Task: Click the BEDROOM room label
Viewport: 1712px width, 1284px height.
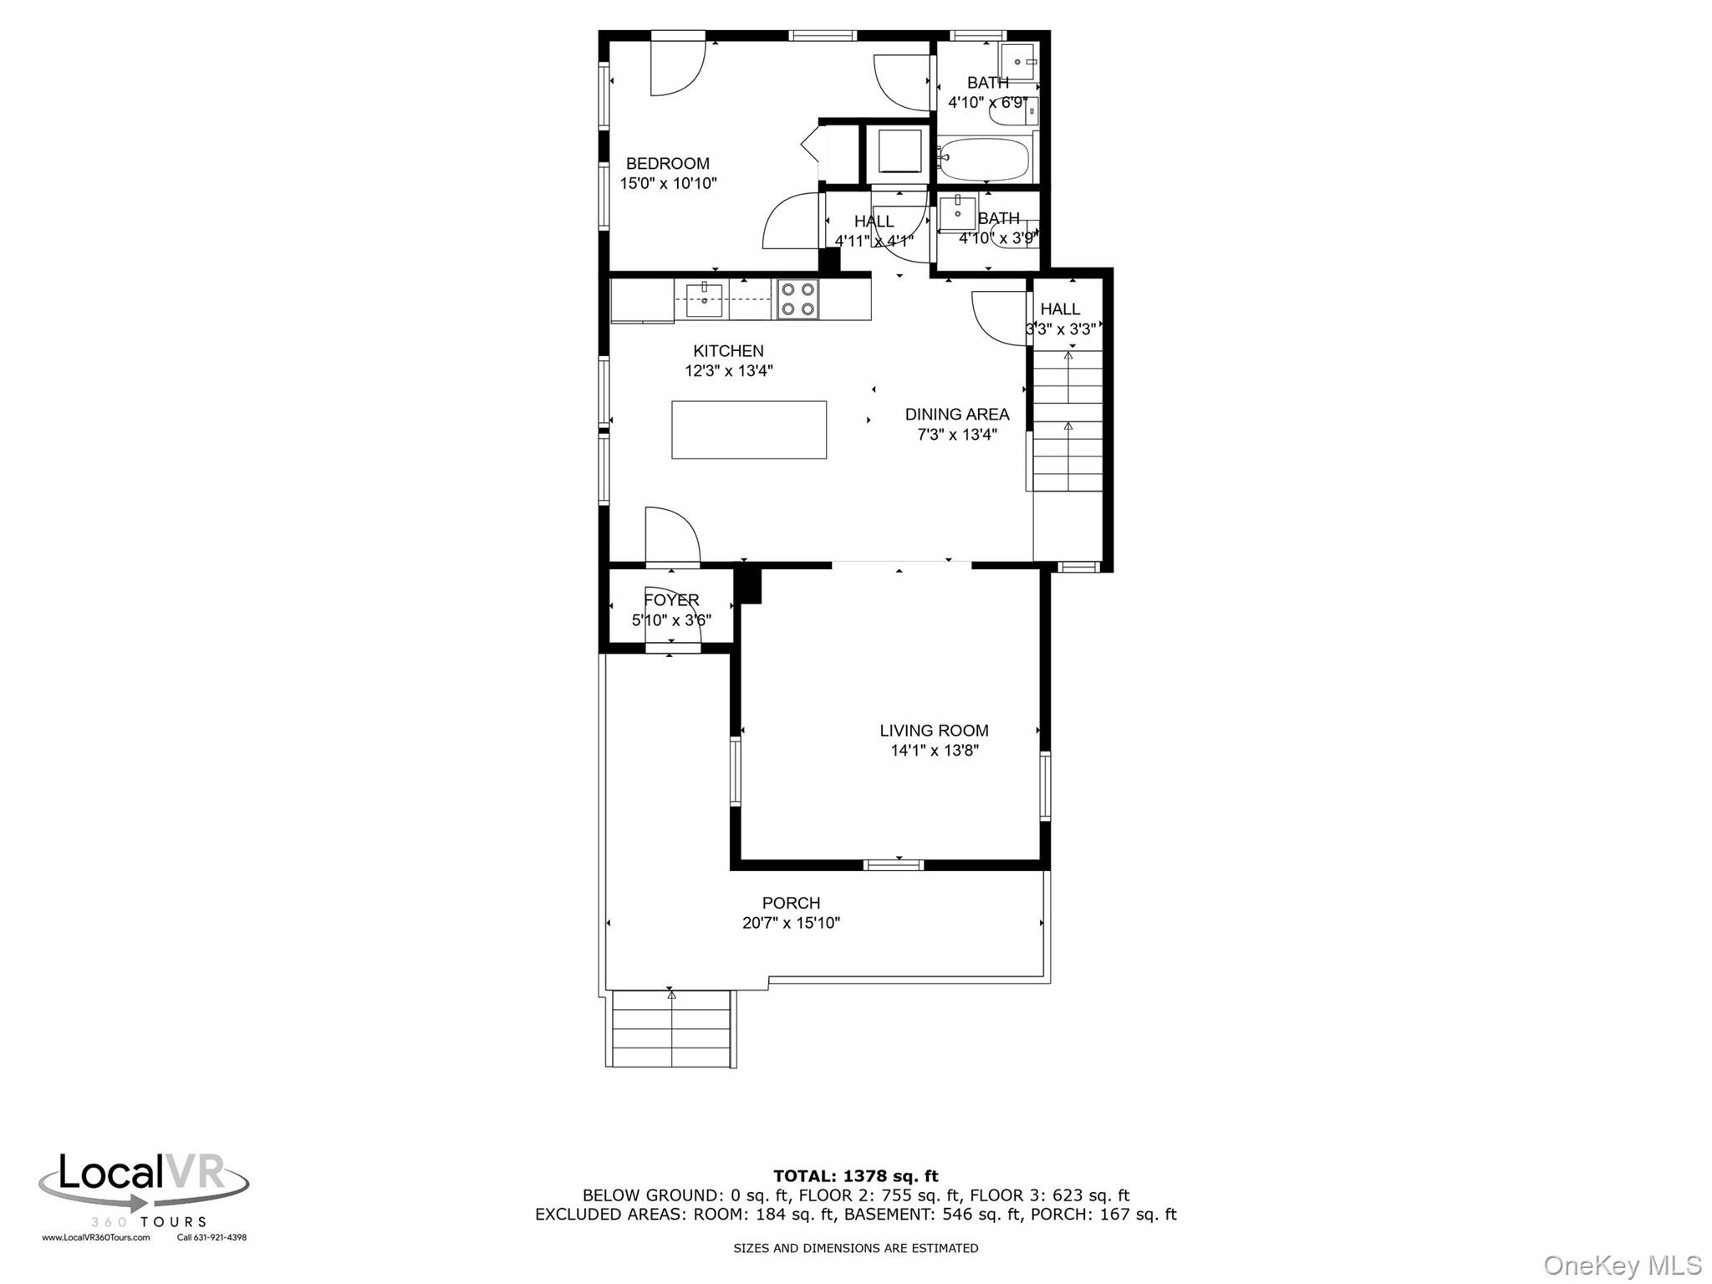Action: (667, 164)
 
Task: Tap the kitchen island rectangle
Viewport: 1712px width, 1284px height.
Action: (749, 430)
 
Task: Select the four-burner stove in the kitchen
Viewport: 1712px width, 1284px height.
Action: (797, 299)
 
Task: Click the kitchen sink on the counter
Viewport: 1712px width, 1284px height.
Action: (704, 300)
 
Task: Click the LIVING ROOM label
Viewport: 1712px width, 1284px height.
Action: (934, 731)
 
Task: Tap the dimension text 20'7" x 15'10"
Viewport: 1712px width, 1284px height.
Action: (791, 923)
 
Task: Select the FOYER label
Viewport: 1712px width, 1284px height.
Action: (671, 600)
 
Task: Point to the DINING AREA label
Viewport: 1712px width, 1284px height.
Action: (957, 415)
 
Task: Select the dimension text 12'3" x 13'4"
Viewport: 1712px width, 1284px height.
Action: (729, 371)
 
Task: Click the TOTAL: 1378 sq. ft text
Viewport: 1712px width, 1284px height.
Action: (855, 1176)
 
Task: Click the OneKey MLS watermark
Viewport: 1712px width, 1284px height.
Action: (1622, 1265)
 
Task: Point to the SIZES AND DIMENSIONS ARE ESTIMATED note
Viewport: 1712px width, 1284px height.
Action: (855, 1248)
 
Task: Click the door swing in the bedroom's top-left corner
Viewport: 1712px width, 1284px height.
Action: (676, 67)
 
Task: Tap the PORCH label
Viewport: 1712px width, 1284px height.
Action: (791, 903)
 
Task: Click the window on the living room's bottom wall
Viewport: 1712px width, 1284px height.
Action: (893, 864)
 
